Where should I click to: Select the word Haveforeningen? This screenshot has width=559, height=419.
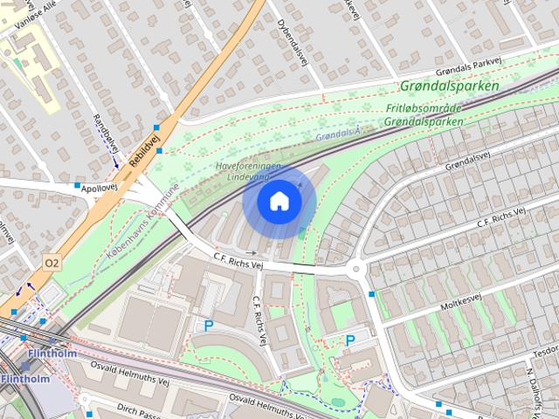pyautogui.click(x=249, y=166)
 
